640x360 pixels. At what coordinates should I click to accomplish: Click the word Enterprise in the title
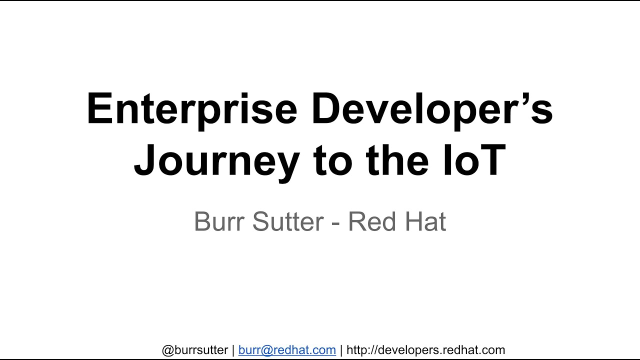pos(192,109)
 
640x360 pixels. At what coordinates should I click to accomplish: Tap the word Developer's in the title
pos(432,109)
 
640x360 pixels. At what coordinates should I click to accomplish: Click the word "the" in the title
pos(397,160)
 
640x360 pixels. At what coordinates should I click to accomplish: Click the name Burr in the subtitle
pos(219,221)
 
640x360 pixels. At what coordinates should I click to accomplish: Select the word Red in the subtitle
pos(369,221)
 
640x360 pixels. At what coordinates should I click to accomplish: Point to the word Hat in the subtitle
pos(422,221)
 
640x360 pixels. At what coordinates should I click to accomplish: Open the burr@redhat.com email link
pos(287,350)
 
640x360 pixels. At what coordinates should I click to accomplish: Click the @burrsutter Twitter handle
pos(195,350)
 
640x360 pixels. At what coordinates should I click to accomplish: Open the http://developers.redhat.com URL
pos(425,350)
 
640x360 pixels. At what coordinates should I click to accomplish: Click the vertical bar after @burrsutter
pos(233,350)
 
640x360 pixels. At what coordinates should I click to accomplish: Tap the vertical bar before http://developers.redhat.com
pos(341,350)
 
